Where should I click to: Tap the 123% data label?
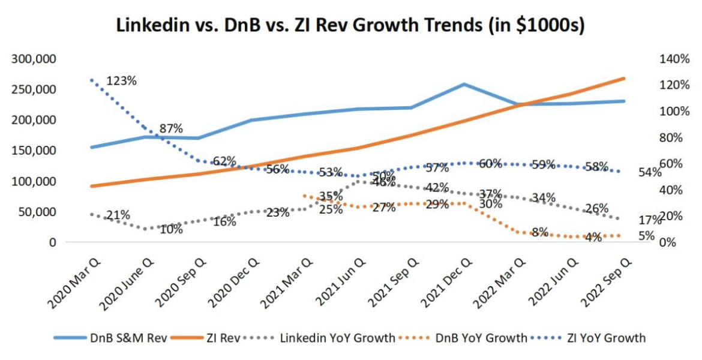tap(121, 80)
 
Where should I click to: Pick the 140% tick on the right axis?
tap(674, 59)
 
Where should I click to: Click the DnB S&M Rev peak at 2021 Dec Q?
tap(464, 84)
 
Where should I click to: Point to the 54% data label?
tap(650, 173)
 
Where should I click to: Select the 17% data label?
tap(650, 220)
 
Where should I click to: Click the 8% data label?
tap(539, 232)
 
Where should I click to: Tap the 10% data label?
tap(172, 229)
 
